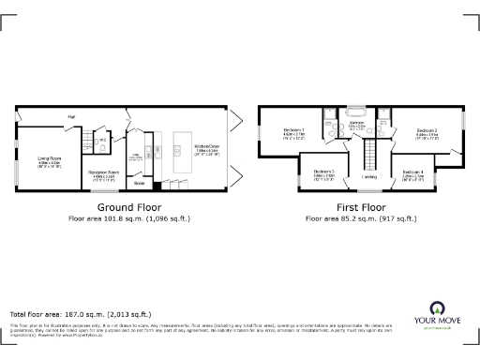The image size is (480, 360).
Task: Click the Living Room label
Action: point(50,159)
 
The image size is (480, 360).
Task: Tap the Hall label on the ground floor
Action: point(70,116)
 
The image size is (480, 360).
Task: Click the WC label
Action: point(104,142)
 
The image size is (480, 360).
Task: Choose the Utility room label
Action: point(134,157)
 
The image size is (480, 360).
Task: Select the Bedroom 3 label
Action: point(324,172)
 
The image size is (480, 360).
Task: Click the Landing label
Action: point(369,176)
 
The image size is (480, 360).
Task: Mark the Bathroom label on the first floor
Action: point(357,123)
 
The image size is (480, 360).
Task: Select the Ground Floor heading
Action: point(129,207)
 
